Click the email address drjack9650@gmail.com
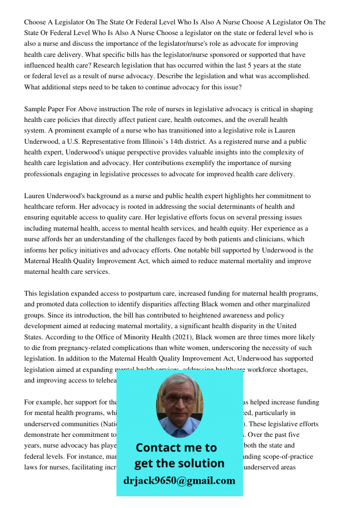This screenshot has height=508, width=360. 179,481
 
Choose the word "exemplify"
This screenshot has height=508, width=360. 204,164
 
